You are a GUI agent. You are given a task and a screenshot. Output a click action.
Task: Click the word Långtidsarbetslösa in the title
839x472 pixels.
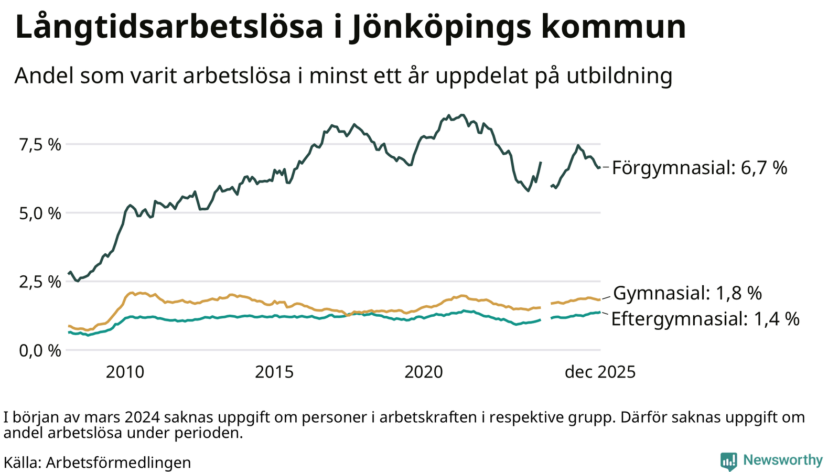pos(169,27)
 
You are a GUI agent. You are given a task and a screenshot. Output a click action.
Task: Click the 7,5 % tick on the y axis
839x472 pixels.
pos(40,145)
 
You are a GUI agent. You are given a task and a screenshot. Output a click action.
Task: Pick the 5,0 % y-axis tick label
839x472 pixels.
pos(40,214)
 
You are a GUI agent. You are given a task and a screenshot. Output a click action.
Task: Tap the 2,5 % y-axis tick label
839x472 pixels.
pos(40,282)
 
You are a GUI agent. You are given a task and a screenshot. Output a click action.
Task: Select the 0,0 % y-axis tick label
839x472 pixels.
pos(40,351)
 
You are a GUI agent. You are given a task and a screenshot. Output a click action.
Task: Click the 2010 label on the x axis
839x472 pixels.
pos(125,372)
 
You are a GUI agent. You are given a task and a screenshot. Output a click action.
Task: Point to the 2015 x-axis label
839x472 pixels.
pos(274,372)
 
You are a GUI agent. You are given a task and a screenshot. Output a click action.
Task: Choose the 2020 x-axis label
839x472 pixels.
pos(424,372)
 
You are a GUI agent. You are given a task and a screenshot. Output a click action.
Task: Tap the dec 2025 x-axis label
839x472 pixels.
pos(600,372)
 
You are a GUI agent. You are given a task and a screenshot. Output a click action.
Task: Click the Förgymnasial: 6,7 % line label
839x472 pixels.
pos(700,168)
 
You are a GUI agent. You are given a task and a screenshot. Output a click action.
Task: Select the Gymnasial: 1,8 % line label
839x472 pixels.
pos(687,294)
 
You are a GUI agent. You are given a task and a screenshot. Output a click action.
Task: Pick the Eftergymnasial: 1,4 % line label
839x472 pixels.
pos(705,319)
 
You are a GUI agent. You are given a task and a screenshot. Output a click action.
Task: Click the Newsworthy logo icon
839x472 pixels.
pos(728,461)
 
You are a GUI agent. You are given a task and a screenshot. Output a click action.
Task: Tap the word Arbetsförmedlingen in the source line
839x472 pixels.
pos(118,463)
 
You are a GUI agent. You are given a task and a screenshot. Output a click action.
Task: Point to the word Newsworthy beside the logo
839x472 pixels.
pos(783,460)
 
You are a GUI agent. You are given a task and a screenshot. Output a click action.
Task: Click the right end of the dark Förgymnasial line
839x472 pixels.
pos(599,167)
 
